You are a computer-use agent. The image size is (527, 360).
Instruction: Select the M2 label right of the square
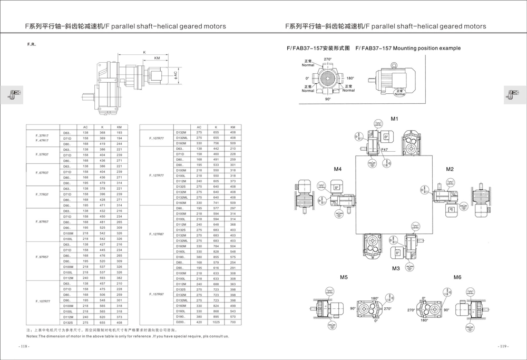[450, 169]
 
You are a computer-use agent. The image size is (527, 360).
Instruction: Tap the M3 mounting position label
[396, 268]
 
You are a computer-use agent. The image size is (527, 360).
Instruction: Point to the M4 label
[338, 169]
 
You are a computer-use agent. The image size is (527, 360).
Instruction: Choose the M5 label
[344, 277]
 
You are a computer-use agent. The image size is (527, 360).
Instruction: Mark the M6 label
[457, 277]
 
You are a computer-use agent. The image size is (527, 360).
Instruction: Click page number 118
[24, 346]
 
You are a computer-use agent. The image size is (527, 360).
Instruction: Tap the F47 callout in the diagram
[385, 150]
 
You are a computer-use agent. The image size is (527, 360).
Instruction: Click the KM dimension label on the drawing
[157, 58]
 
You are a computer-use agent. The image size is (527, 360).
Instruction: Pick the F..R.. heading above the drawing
[32, 44]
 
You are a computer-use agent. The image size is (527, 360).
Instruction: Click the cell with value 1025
[216, 322]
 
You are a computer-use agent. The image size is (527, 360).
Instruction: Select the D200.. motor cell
[181, 322]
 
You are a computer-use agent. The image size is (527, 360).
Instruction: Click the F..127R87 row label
[157, 233]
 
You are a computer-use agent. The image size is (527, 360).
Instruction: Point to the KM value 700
[232, 322]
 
